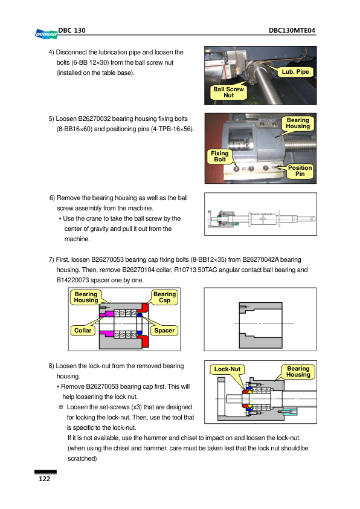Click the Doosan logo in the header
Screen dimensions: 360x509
[x=46, y=34]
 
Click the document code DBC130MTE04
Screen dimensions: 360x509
[x=292, y=30]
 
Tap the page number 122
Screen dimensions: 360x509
[x=45, y=479]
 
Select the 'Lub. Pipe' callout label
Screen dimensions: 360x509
[x=295, y=72]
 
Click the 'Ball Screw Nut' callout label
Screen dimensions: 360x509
[x=229, y=92]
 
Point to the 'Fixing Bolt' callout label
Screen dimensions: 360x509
[x=220, y=157]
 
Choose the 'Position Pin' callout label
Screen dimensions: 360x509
[x=300, y=171]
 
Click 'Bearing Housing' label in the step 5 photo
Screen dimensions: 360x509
[x=298, y=123]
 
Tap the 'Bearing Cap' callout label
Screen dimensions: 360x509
[x=164, y=297]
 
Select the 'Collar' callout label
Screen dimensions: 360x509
[x=83, y=331]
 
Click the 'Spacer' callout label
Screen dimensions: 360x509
[x=164, y=331]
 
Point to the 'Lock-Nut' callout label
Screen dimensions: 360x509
[x=227, y=369]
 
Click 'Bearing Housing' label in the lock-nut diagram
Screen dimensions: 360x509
[x=298, y=372]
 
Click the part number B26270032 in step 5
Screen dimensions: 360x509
[x=94, y=119]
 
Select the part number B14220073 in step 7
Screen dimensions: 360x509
[x=72, y=280]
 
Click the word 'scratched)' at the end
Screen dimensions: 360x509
[x=82, y=459]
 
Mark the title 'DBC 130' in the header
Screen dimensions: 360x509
[x=72, y=30]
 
